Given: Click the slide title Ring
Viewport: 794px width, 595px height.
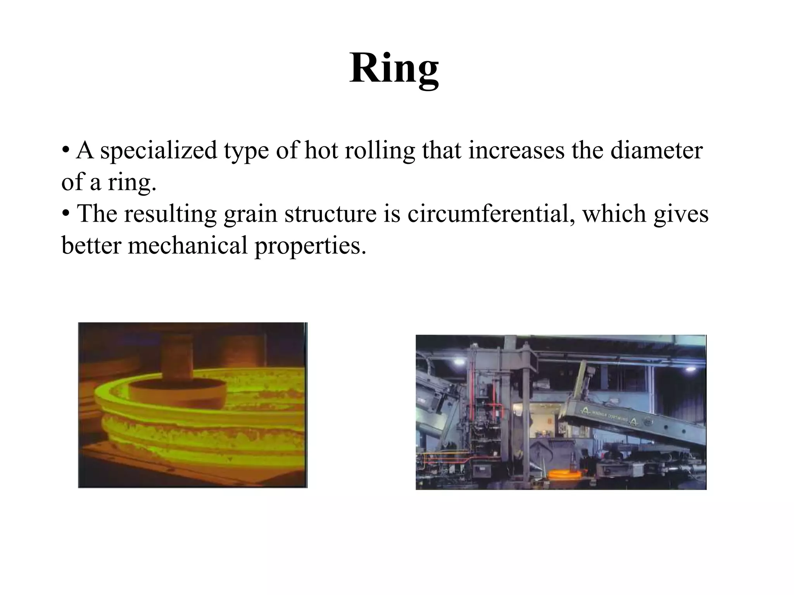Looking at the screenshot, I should pos(394,69).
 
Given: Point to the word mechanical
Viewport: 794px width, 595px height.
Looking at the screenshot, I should pos(187,246).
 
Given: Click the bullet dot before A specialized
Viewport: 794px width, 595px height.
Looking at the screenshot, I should pos(66,150).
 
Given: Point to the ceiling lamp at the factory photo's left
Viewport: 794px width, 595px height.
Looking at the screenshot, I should pos(459,362).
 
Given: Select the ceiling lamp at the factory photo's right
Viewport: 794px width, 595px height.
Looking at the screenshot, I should pos(690,369).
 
